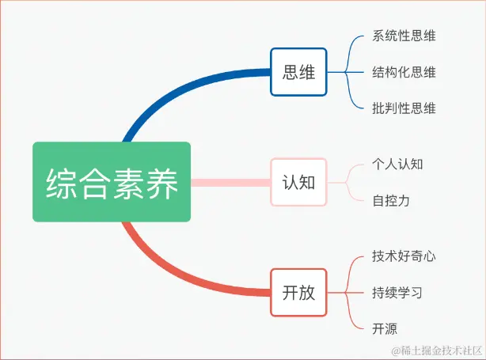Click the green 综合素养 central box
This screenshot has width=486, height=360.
click(112, 182)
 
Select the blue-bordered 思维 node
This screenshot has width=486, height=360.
click(298, 72)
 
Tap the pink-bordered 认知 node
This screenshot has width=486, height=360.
click(298, 182)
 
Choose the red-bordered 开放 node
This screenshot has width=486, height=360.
click(298, 292)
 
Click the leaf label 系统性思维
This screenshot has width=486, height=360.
click(404, 36)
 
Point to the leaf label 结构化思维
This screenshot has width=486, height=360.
click(404, 72)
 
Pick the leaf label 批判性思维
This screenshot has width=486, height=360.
click(404, 108)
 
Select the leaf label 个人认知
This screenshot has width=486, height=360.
click(397, 164)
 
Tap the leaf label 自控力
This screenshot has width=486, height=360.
click(391, 200)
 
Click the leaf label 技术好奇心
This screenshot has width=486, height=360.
click(404, 256)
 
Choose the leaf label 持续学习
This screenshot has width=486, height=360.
click(397, 292)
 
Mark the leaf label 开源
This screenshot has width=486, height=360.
click(385, 328)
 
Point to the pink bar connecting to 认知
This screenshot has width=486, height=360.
click(230, 182)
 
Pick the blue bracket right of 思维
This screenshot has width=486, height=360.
click(348, 72)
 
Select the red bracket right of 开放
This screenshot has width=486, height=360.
click(348, 292)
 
